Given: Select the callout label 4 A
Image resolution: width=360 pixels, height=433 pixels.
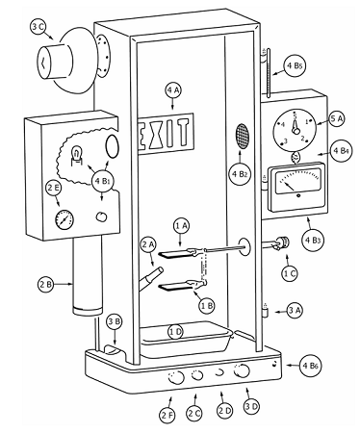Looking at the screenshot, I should (x=174, y=91).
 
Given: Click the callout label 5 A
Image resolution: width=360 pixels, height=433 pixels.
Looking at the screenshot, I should (x=337, y=120).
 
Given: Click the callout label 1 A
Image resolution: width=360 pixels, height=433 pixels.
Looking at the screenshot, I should (x=182, y=225).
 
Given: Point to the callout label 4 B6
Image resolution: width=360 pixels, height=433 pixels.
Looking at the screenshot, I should (x=311, y=364).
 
